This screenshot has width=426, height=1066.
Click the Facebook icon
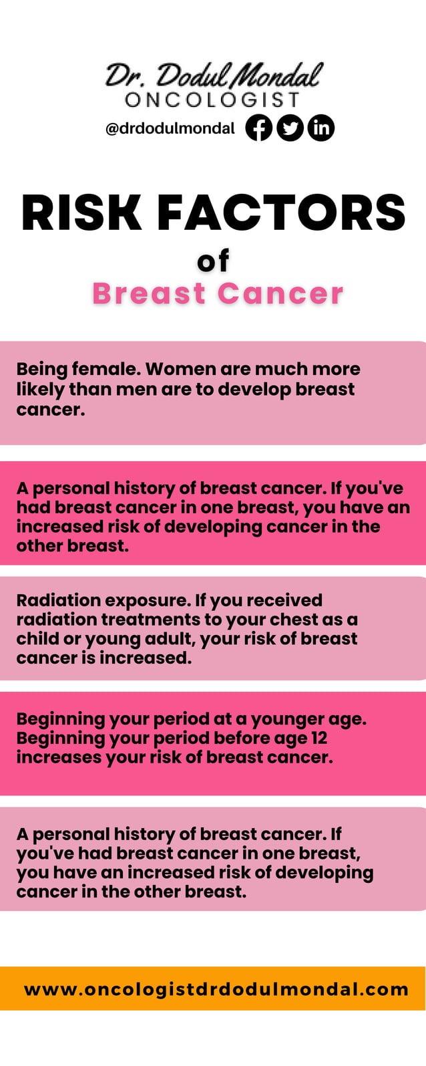(x=259, y=128)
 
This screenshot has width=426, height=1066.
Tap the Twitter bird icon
(x=290, y=128)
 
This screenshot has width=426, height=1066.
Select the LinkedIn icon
(x=321, y=128)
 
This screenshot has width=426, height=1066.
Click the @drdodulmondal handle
(x=170, y=128)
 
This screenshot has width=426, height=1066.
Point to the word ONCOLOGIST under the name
(x=213, y=100)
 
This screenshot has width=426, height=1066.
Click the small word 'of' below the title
(x=213, y=261)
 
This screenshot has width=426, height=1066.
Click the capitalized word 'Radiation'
(x=58, y=600)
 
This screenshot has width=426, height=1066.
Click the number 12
(x=318, y=739)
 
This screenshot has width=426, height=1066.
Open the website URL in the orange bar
(x=216, y=988)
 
